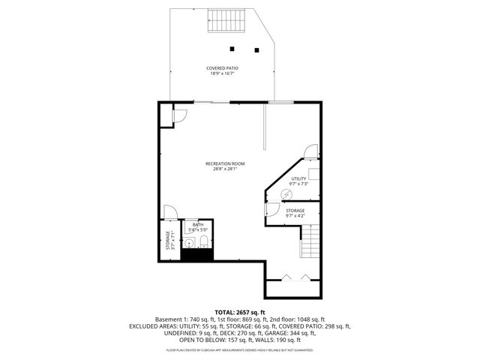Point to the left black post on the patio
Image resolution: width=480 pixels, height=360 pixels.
(x=232, y=49)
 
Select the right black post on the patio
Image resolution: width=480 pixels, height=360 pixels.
(x=256, y=50)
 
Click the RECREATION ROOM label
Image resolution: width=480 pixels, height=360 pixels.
(x=225, y=163)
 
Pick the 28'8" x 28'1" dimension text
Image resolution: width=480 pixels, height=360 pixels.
(x=225, y=169)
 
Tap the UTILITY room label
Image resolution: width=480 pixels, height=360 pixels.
(x=298, y=178)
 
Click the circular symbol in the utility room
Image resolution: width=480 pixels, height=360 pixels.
(x=285, y=194)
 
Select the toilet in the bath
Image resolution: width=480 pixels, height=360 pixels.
(x=202, y=241)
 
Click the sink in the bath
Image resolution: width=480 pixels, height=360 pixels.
(x=190, y=242)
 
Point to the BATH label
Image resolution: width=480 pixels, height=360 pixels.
(x=197, y=224)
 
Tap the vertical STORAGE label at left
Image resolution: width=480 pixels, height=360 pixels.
(x=166, y=241)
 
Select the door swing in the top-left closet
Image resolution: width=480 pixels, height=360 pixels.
(x=181, y=115)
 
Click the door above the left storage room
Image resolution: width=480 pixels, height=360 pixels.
(x=170, y=211)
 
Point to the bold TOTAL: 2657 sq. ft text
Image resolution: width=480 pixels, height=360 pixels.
(x=240, y=311)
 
